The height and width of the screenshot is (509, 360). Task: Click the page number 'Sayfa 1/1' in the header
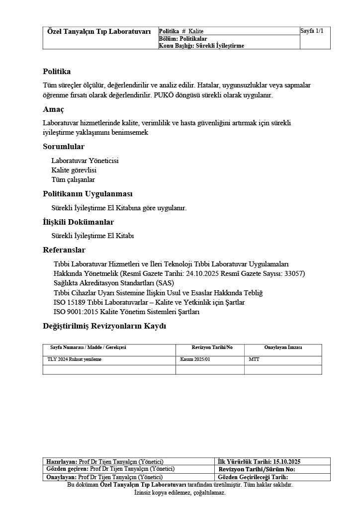tap(312, 31)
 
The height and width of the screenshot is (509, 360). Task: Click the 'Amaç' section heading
tap(53, 109)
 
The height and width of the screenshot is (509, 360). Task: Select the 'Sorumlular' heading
tap(64, 147)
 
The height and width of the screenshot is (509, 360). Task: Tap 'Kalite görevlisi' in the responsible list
tap(74, 170)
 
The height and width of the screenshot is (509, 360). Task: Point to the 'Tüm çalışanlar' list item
tap(73, 179)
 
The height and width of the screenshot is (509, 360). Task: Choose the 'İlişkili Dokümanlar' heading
tap(78, 222)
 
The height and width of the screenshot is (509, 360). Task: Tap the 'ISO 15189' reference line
tap(149, 302)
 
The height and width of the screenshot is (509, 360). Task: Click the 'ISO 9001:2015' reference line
tap(126, 312)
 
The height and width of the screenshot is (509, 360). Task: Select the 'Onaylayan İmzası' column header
tap(283, 347)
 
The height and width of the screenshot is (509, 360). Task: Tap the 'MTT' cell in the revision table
tap(254, 359)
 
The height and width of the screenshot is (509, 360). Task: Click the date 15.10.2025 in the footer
tap(283, 462)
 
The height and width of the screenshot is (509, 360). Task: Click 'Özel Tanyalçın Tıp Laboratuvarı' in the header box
tap(99, 31)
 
